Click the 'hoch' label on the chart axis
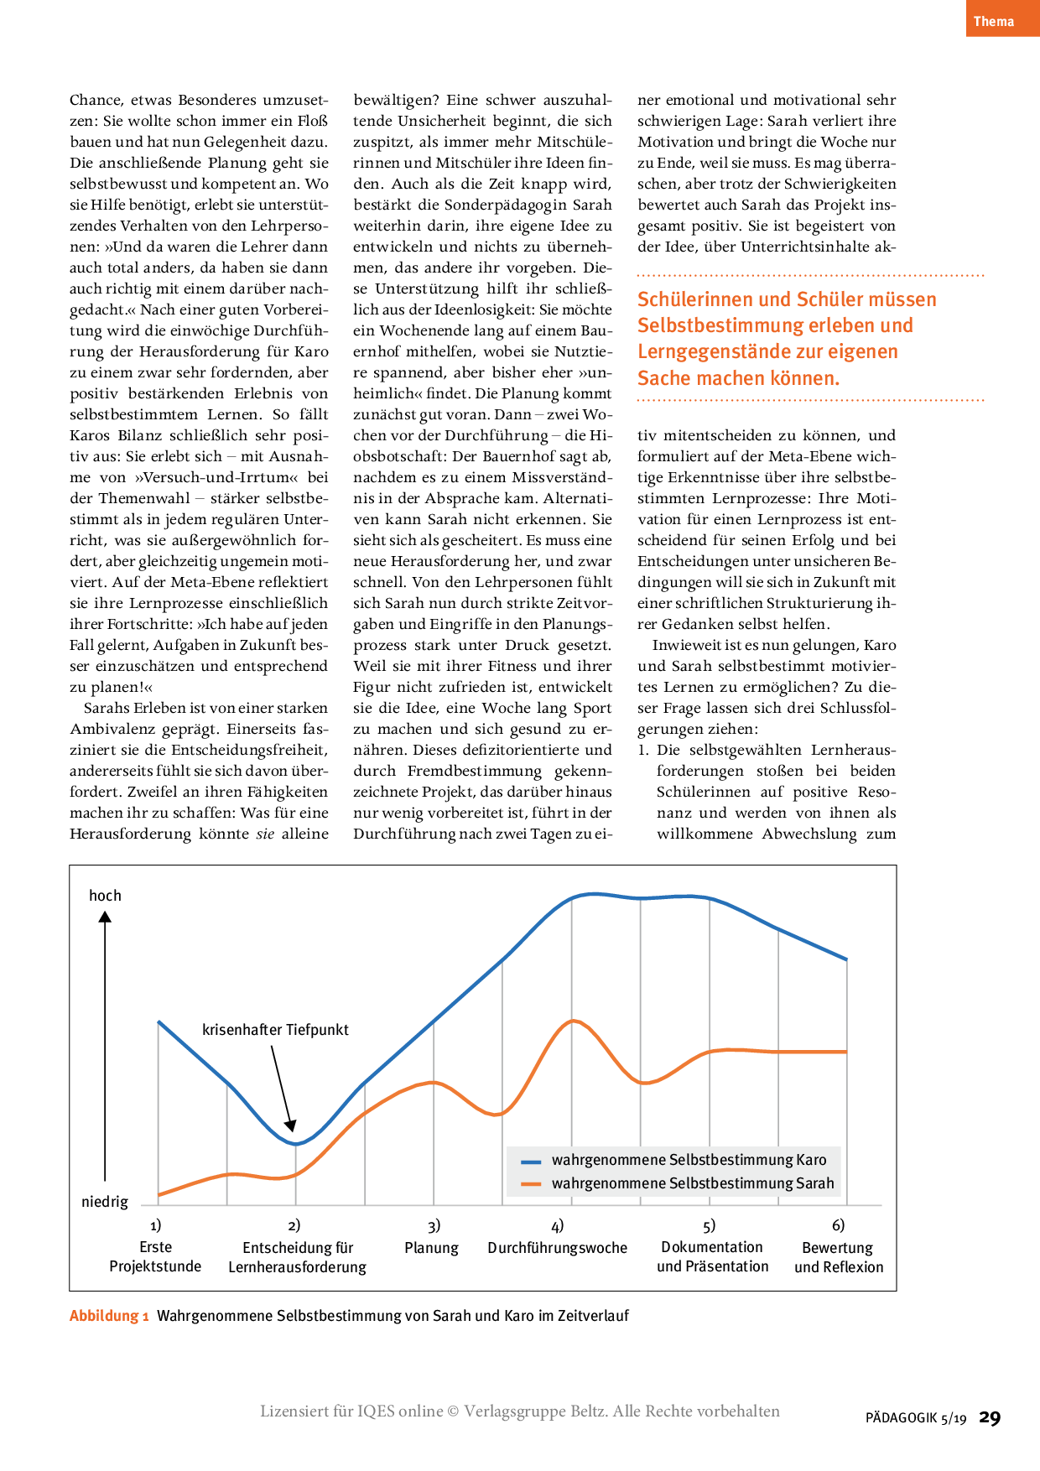click(105, 896)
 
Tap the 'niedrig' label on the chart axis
click(105, 1202)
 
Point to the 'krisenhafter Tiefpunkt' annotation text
click(275, 1030)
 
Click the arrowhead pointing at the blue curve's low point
click(290, 1125)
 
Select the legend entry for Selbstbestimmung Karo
click(689, 1160)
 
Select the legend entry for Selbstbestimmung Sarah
click(692, 1183)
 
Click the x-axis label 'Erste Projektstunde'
click(155, 1256)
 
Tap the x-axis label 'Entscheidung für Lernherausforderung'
click(297, 1257)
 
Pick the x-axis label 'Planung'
click(431, 1248)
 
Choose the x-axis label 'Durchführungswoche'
click(557, 1248)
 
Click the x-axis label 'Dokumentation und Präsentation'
click(712, 1256)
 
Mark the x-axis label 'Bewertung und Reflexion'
click(838, 1257)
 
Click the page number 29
click(991, 1418)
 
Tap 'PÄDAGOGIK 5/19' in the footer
click(916, 1419)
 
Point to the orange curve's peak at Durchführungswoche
click(573, 1021)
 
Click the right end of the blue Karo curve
click(846, 959)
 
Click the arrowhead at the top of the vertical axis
click(105, 917)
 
